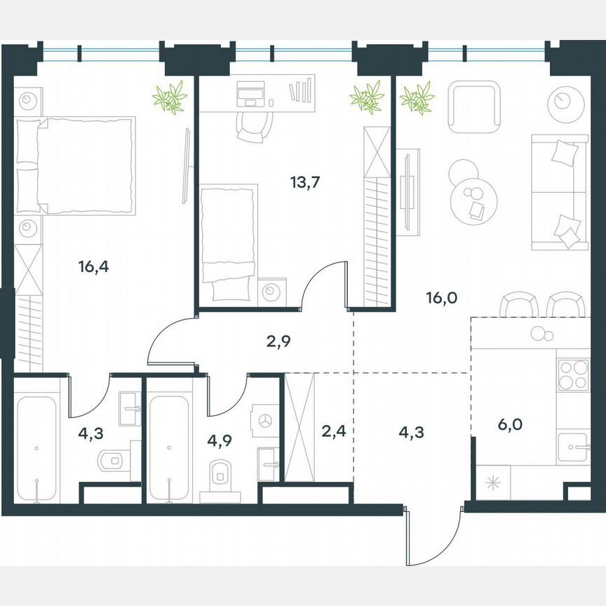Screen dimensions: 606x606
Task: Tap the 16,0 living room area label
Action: pos(441,297)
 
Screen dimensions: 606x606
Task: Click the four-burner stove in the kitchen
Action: pos(573,375)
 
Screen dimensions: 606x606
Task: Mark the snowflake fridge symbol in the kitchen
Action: pos(490,484)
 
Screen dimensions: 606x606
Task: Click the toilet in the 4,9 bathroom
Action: pos(220,474)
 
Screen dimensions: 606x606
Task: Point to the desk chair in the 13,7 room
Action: pos(252,125)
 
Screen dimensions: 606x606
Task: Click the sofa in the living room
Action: pos(560,191)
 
